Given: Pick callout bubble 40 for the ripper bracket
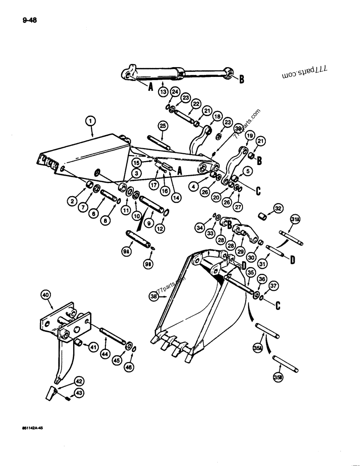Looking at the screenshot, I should tap(45, 295).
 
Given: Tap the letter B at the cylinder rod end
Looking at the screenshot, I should tap(242, 80).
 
